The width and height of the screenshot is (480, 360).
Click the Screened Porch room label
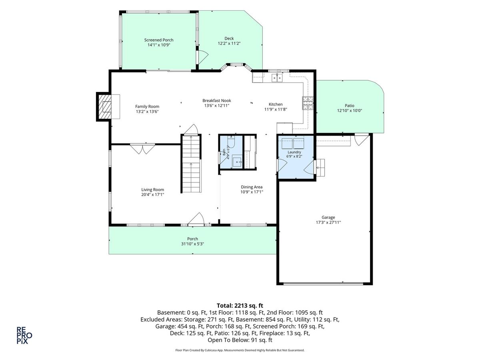pyautogui.click(x=158, y=40)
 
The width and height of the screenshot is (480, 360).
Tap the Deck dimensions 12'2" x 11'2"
pyautogui.click(x=229, y=43)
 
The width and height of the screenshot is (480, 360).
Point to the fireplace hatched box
pyautogui.click(x=105, y=107)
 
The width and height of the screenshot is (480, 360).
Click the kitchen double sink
pyautogui.click(x=277, y=78)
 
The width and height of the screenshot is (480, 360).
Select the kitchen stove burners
pyautogui.click(x=308, y=103)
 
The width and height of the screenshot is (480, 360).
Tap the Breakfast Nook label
pyautogui.click(x=216, y=100)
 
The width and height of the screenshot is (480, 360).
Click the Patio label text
pyautogui.click(x=350, y=106)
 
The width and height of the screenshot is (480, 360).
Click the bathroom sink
pyautogui.click(x=237, y=161)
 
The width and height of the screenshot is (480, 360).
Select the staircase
pyautogui.click(x=191, y=164)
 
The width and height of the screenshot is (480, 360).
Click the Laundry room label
pyautogui.click(x=294, y=152)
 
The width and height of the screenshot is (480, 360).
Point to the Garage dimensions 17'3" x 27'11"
pyautogui.click(x=328, y=222)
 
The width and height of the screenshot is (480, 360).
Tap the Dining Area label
pyautogui.click(x=252, y=187)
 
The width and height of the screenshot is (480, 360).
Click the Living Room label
pyautogui.click(x=152, y=190)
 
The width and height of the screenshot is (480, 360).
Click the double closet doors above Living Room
pyautogui.click(x=142, y=149)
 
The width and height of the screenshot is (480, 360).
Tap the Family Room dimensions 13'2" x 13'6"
pyautogui.click(x=147, y=112)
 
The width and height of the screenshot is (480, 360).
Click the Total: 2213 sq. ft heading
pyautogui.click(x=240, y=305)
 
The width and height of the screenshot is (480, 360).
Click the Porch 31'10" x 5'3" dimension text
pyautogui.click(x=192, y=244)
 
